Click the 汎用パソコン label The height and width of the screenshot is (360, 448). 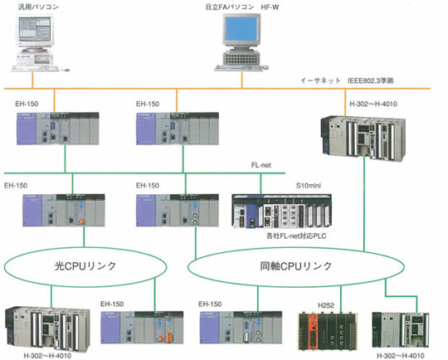[x=38, y=7]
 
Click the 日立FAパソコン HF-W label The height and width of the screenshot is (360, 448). [x=242, y=7]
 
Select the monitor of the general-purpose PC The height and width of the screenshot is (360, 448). [x=36, y=31]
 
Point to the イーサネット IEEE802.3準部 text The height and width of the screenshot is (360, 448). [x=347, y=80]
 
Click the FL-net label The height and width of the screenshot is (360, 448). [x=261, y=165]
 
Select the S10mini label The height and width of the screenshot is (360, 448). [x=309, y=186]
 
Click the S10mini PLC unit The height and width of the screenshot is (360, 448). [x=282, y=212]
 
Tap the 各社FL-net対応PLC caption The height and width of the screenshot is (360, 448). [x=296, y=236]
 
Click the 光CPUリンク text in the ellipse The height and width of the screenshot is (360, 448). [x=85, y=266]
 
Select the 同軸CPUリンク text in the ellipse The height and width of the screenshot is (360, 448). [x=295, y=266]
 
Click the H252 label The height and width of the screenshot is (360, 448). [x=326, y=305]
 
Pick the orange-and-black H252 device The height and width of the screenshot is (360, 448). [x=328, y=332]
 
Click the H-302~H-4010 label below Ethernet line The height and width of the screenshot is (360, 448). [x=373, y=104]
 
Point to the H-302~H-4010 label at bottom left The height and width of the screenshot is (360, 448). [x=47, y=356]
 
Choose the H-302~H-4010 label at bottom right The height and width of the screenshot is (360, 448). [x=401, y=356]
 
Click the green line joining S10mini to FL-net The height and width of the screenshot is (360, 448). [x=261, y=183]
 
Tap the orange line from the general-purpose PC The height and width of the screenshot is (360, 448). [x=32, y=80]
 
